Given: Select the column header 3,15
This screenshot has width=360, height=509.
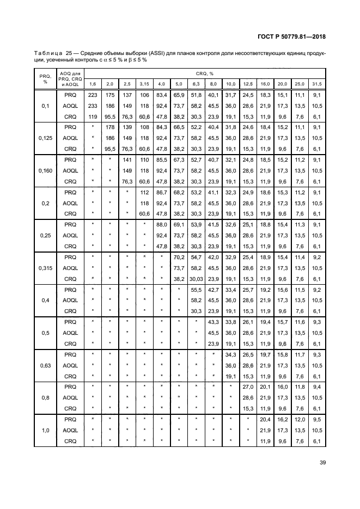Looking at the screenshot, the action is pos(144,83).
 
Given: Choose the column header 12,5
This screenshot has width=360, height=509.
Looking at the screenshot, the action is pos(248,83).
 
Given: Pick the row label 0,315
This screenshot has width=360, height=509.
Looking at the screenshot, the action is pos(45,267).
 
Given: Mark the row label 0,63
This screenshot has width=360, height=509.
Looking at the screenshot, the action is pos(45,365).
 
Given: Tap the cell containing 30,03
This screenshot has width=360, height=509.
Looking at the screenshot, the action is pos(196,278).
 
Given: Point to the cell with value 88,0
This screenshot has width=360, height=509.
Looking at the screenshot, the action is pos(161,224).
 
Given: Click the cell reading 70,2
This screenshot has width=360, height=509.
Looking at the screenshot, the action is pos(178,256).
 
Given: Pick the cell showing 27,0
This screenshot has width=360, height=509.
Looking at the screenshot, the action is pos(248,387).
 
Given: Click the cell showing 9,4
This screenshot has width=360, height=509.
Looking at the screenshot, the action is pos(317,387).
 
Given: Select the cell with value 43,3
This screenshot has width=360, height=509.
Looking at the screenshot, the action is pos(213,322).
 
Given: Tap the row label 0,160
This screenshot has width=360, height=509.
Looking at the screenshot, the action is pos(45,170).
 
